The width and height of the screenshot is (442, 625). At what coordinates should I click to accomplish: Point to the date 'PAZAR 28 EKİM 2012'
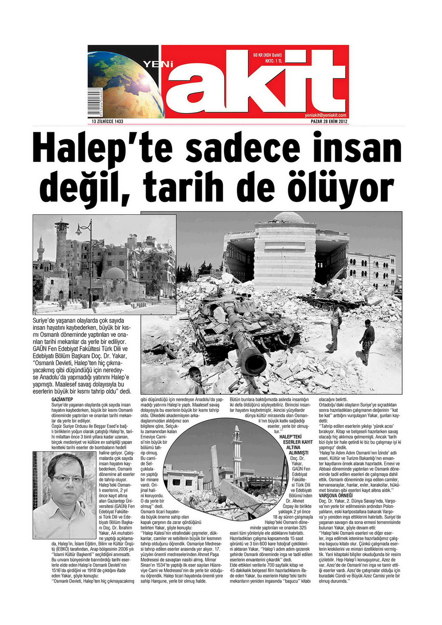point(329,122)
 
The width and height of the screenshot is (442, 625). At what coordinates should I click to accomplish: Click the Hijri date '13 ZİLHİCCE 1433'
point(107,122)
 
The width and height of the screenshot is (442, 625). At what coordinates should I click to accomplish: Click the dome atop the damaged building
point(288,217)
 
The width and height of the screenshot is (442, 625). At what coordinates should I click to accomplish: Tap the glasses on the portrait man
point(66,479)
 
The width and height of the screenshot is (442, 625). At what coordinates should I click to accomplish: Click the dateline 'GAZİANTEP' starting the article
point(62,399)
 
